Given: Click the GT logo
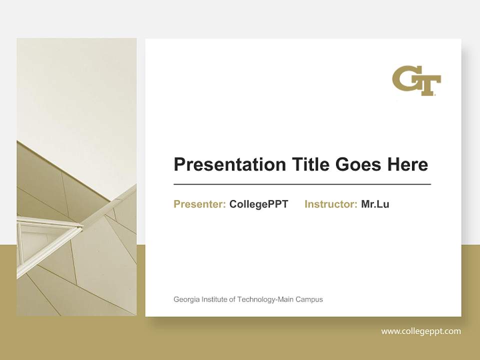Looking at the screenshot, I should [x=416, y=80].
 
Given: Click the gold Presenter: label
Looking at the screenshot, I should [x=199, y=204].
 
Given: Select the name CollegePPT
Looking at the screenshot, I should [x=258, y=204].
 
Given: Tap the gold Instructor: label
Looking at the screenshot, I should [x=330, y=204].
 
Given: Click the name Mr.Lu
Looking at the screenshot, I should [x=375, y=204].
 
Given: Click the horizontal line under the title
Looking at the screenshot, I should [x=302, y=184].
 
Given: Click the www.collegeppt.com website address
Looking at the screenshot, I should [x=421, y=331].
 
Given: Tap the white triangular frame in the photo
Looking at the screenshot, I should [x=45, y=235].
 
